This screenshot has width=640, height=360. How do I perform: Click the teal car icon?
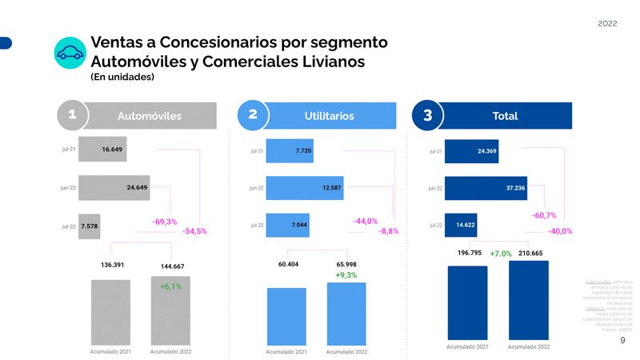pos(70,53)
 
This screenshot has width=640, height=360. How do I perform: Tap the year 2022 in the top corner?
pos(607,23)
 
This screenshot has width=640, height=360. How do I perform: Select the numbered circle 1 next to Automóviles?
pos(72,115)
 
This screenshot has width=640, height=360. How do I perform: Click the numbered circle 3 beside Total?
pos(427,116)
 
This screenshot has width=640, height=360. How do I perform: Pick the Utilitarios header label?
pos(329,116)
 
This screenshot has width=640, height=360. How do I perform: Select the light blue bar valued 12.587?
pos(304,188)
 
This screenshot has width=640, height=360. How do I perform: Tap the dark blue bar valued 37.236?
pos(486,188)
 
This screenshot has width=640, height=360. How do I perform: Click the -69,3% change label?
pos(164,222)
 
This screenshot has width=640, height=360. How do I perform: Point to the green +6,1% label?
pos(170,286)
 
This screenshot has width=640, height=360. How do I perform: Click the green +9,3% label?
pos(346,275)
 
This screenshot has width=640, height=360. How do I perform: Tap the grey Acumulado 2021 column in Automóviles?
pos(110,313)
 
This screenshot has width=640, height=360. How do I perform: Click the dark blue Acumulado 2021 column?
pos(467,303)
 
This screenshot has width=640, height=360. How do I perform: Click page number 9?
pos(622,341)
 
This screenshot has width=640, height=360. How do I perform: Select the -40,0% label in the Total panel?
pos(560,231)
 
